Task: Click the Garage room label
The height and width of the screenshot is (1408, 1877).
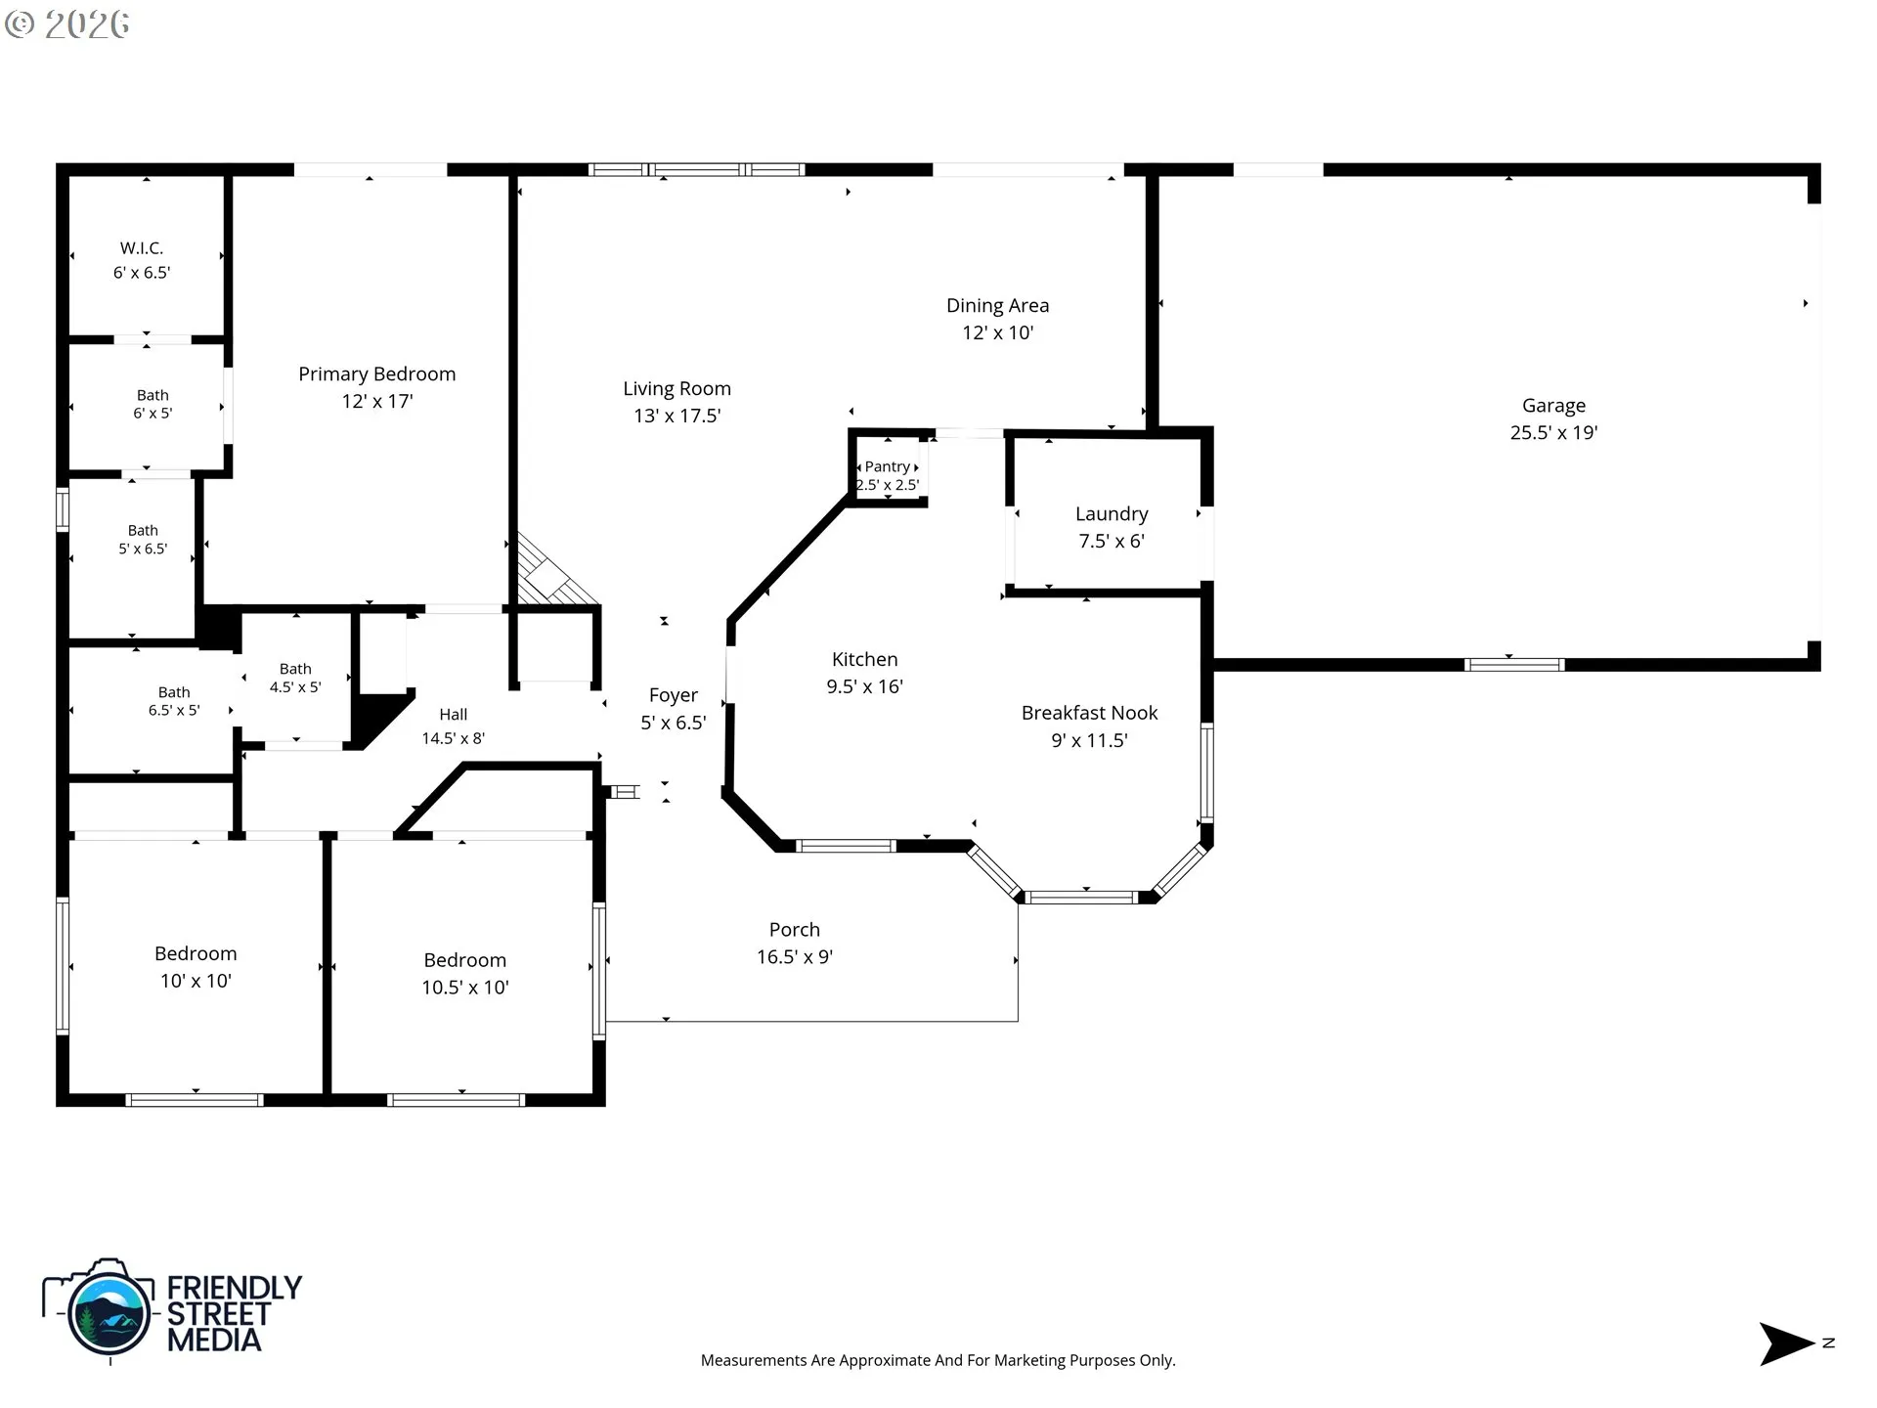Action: tap(1553, 406)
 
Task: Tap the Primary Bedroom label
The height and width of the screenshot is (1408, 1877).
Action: tap(376, 374)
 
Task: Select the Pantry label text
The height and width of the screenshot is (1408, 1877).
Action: tap(887, 466)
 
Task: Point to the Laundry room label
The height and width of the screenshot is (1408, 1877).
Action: tap(1112, 514)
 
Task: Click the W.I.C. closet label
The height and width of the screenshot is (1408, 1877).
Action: tap(142, 248)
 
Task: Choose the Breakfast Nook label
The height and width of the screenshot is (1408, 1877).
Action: tap(1089, 713)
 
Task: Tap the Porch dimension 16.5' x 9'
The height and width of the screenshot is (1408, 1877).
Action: tap(795, 957)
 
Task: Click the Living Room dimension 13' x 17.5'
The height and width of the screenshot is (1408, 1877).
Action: tap(677, 416)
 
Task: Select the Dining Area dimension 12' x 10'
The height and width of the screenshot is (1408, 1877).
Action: tap(997, 332)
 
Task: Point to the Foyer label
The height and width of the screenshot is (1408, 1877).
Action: tap(674, 695)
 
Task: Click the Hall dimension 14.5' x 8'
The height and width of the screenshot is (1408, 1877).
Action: tap(453, 738)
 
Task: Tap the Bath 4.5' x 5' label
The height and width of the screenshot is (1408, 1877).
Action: tap(295, 678)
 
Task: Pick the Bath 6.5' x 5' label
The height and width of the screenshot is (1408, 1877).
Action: tap(174, 701)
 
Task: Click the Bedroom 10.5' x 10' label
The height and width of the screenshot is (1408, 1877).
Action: tap(465, 974)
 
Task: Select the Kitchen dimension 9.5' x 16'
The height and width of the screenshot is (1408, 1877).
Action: tap(864, 686)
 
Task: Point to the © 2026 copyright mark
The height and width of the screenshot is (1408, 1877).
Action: tap(66, 24)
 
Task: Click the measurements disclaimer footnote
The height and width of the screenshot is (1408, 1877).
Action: tap(938, 1360)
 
